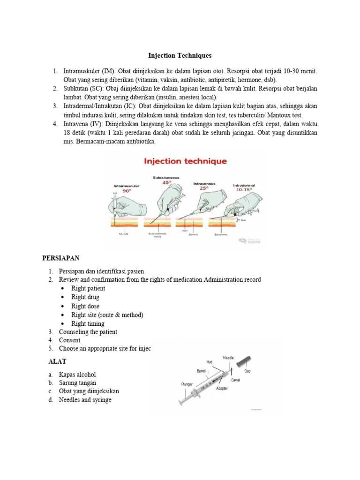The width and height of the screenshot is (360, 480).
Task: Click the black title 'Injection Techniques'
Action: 180,55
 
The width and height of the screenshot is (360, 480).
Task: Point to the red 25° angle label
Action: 204,187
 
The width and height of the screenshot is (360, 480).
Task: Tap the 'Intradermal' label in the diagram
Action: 244,186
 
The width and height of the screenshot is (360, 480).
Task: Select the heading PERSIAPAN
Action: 61,258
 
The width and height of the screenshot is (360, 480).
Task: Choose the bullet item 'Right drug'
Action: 85,297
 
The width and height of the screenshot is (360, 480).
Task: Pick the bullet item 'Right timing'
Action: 88,323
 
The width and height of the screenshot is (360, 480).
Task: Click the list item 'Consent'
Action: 69,340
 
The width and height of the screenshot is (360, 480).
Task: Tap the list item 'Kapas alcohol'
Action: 77,375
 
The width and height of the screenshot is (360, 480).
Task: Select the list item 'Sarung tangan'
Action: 77,383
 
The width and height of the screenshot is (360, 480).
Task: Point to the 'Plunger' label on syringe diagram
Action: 187,384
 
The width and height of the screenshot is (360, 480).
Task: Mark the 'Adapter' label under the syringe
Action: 224,389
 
